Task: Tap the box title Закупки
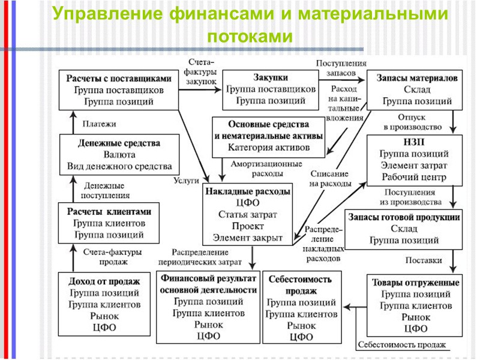pyautogui.click(x=271, y=77)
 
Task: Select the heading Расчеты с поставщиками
pyautogui.click(x=119, y=78)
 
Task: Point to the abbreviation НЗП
pyautogui.click(x=414, y=143)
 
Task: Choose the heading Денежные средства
pyautogui.click(x=119, y=143)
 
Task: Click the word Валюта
pyautogui.click(x=119, y=155)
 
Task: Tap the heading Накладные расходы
pyautogui.click(x=248, y=191)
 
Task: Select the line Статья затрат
pyautogui.click(x=248, y=215)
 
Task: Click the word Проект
pyautogui.click(x=248, y=226)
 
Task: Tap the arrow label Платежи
pyautogui.click(x=99, y=124)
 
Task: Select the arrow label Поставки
pyautogui.click(x=424, y=260)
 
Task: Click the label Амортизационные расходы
pyautogui.click(x=259, y=168)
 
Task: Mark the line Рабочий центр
pyautogui.click(x=414, y=177)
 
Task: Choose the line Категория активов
pyautogui.click(x=269, y=147)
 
